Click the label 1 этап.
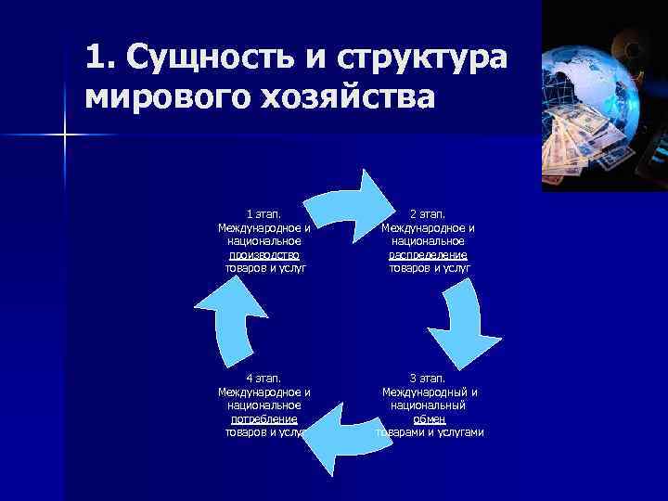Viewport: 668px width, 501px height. tap(263, 214)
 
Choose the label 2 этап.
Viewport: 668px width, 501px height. tap(429, 214)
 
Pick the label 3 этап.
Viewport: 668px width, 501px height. tap(429, 379)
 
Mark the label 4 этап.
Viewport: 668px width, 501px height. tap(263, 379)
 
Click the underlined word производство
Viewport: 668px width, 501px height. tap(264, 254)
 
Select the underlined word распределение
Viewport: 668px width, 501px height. tap(429, 254)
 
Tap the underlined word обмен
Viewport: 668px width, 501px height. tap(429, 418)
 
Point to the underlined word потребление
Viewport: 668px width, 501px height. tap(264, 418)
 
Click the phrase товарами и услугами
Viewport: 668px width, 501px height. tap(430, 432)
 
